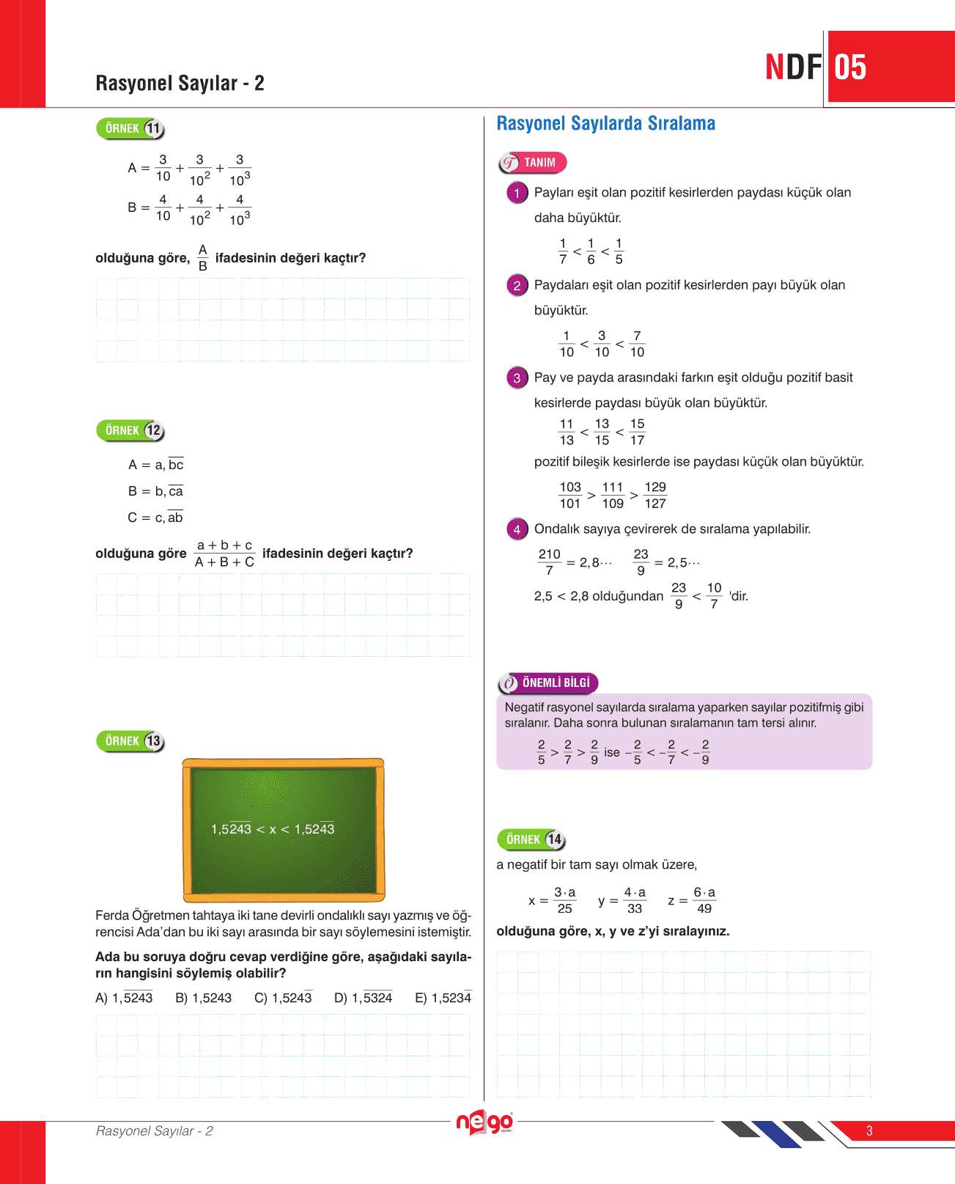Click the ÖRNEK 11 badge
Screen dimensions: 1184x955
click(x=130, y=129)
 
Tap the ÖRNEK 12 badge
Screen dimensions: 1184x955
click(x=130, y=431)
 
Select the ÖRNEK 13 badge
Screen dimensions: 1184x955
click(x=130, y=742)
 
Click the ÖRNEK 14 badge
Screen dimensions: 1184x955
click(x=531, y=840)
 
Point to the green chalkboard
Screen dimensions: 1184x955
click(x=284, y=829)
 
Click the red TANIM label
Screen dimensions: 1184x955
click(x=533, y=163)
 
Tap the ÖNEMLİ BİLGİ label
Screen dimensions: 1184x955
click(x=547, y=683)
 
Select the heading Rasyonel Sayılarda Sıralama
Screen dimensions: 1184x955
click(x=605, y=124)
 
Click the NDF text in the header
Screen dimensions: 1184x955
click(x=793, y=67)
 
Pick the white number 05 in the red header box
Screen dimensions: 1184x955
click(x=850, y=67)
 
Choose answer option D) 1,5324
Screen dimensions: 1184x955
click(x=363, y=998)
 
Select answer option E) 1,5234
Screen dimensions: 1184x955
click(x=443, y=998)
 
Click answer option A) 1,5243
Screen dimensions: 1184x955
click(x=124, y=998)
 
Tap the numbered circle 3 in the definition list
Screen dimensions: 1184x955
click(x=517, y=378)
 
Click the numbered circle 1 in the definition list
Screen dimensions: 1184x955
click(x=517, y=194)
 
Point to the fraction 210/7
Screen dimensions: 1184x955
click(x=549, y=562)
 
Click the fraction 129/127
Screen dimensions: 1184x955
click(x=655, y=496)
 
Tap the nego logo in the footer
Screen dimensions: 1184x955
click(x=484, y=1122)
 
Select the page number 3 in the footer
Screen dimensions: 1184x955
click(x=869, y=1131)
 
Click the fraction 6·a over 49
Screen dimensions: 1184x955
click(x=704, y=900)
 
